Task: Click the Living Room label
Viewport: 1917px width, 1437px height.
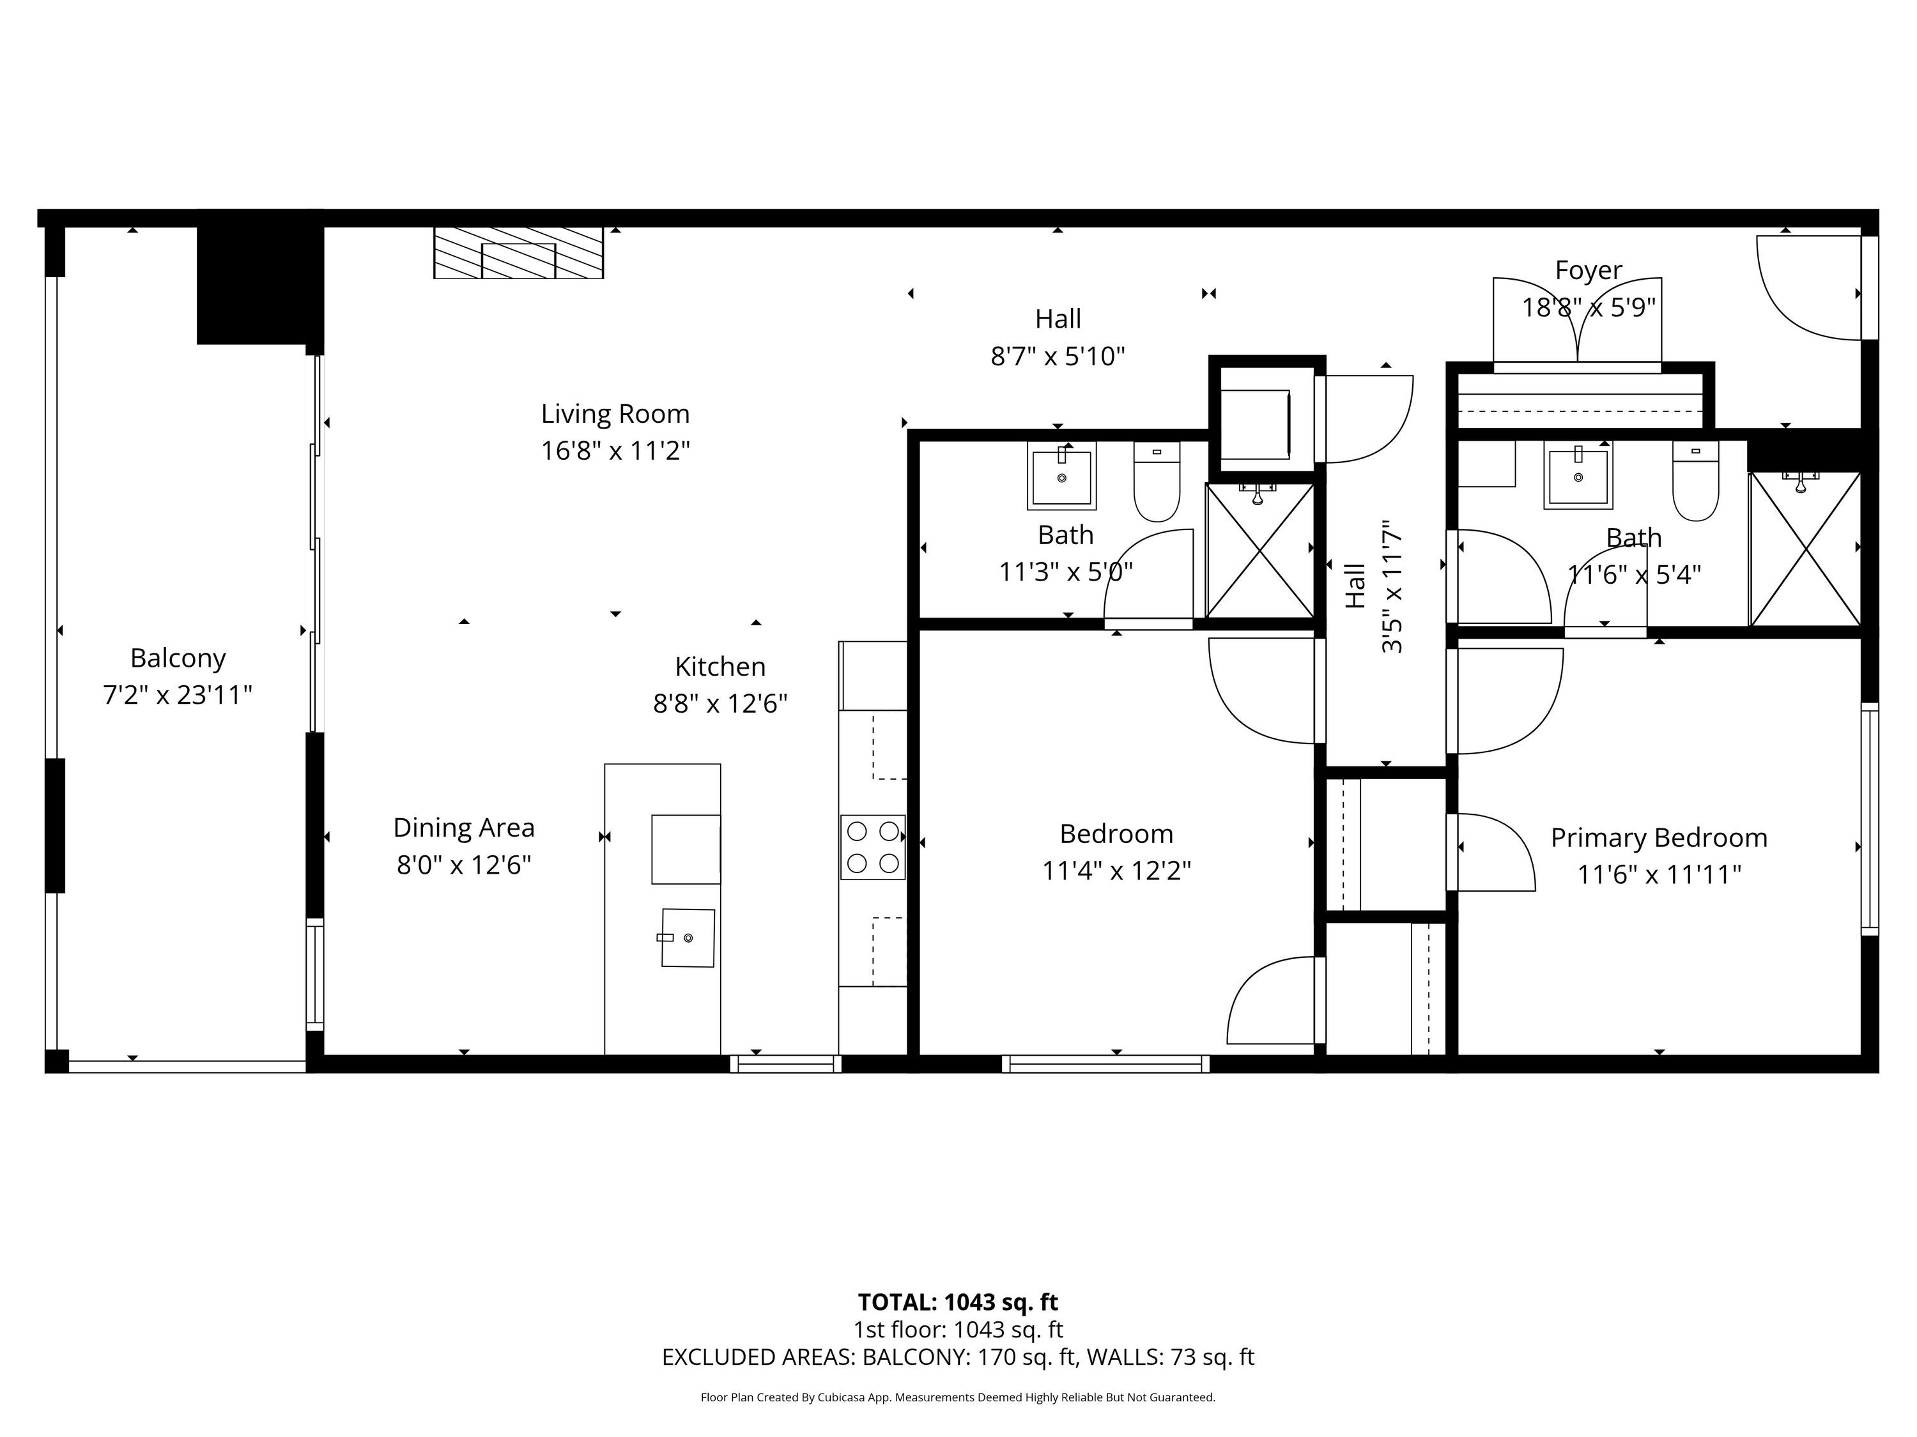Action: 615,414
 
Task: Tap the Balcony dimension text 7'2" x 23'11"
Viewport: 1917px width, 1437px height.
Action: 178,695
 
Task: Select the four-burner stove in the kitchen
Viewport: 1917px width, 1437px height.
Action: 873,847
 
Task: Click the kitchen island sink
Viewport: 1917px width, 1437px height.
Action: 688,937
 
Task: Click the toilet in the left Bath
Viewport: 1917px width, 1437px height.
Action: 1157,481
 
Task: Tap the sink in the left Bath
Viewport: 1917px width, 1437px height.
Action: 1061,476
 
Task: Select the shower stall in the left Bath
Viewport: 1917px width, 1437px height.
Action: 1260,551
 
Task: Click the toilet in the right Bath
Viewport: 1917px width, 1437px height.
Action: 1695,481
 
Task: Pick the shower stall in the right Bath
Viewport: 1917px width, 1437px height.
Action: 1805,548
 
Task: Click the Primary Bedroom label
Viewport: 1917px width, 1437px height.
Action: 1659,837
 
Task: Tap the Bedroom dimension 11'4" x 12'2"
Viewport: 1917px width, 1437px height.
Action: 1116,871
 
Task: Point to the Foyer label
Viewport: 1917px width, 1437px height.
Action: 1589,270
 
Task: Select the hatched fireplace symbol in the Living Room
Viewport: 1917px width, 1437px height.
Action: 518,253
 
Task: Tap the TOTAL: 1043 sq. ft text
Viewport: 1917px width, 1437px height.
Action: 958,1302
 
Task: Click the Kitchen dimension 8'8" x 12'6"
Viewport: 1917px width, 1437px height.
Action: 720,703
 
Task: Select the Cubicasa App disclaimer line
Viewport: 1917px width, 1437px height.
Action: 958,1397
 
